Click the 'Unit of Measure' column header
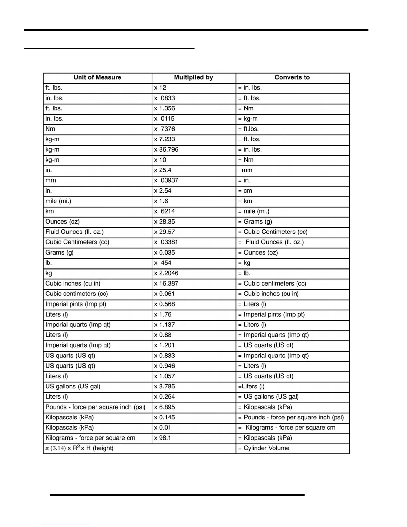tap(97, 78)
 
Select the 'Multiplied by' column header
tap(194, 78)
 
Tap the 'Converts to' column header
tap(292, 78)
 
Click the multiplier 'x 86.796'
tap(166, 150)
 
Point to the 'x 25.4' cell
tap(163, 170)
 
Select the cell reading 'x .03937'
tap(166, 181)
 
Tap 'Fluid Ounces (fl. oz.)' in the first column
tap(74, 232)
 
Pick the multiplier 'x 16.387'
tap(166, 283)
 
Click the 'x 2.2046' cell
tap(166, 273)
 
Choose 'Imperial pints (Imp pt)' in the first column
tap(76, 304)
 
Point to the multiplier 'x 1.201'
tap(164, 345)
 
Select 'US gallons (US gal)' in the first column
tap(73, 387)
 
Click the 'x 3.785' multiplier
tap(164, 387)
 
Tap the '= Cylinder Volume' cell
tap(264, 448)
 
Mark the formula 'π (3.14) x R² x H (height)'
tap(79, 448)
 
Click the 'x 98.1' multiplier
tap(162, 438)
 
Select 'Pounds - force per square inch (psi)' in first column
tap(95, 407)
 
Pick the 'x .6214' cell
tap(164, 211)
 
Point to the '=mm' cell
tap(245, 170)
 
